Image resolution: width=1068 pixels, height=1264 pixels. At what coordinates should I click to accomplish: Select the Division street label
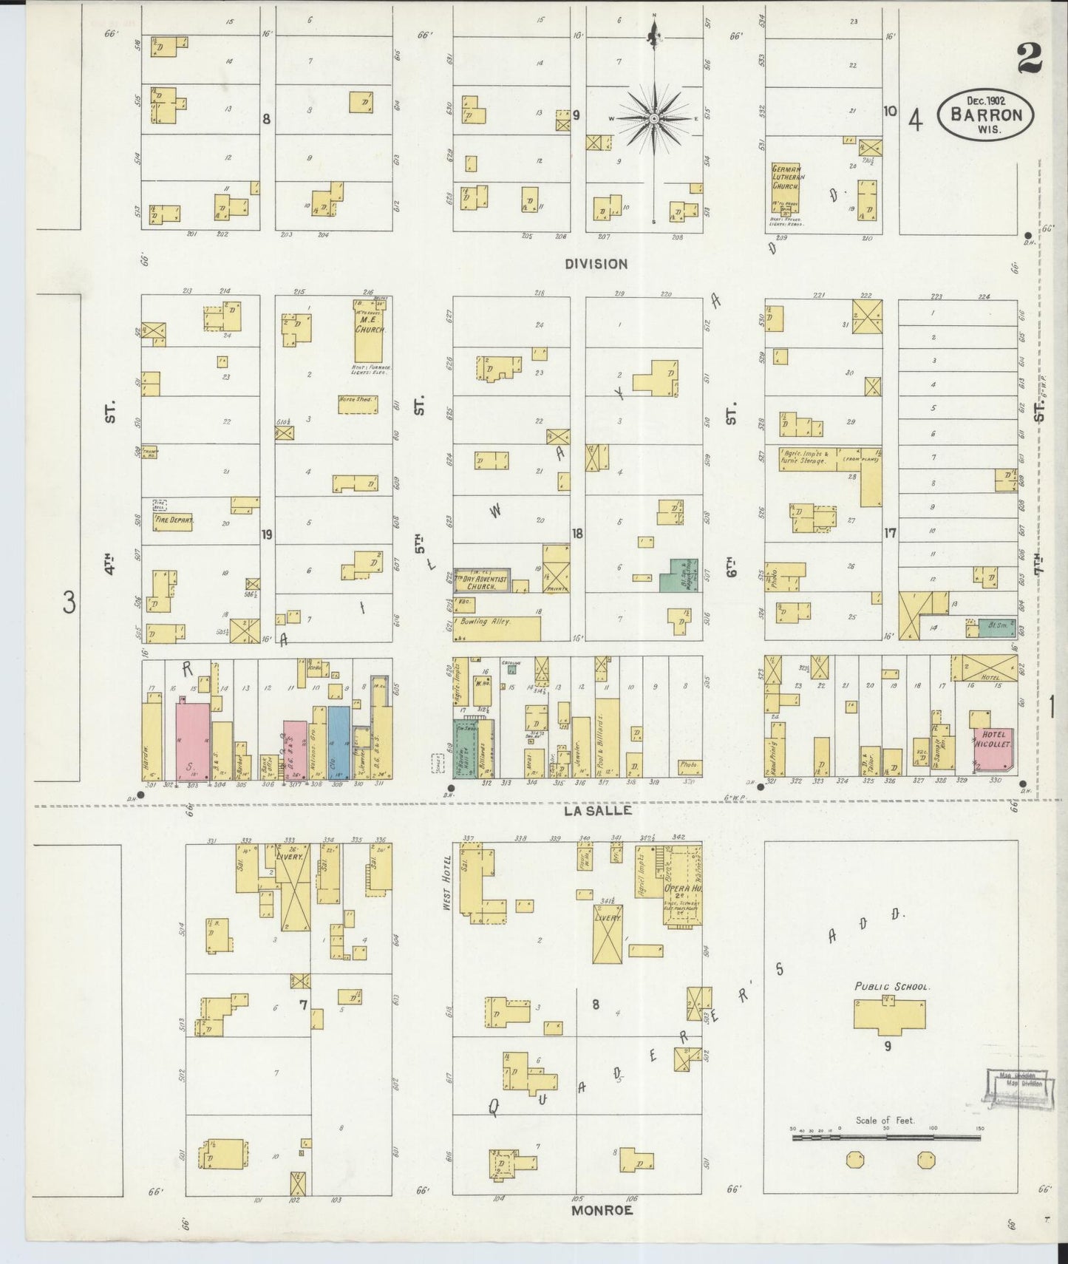(x=596, y=264)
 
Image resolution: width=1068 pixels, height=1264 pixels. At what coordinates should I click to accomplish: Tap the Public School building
(x=889, y=1013)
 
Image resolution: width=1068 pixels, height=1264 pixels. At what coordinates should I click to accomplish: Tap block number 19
(x=267, y=532)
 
